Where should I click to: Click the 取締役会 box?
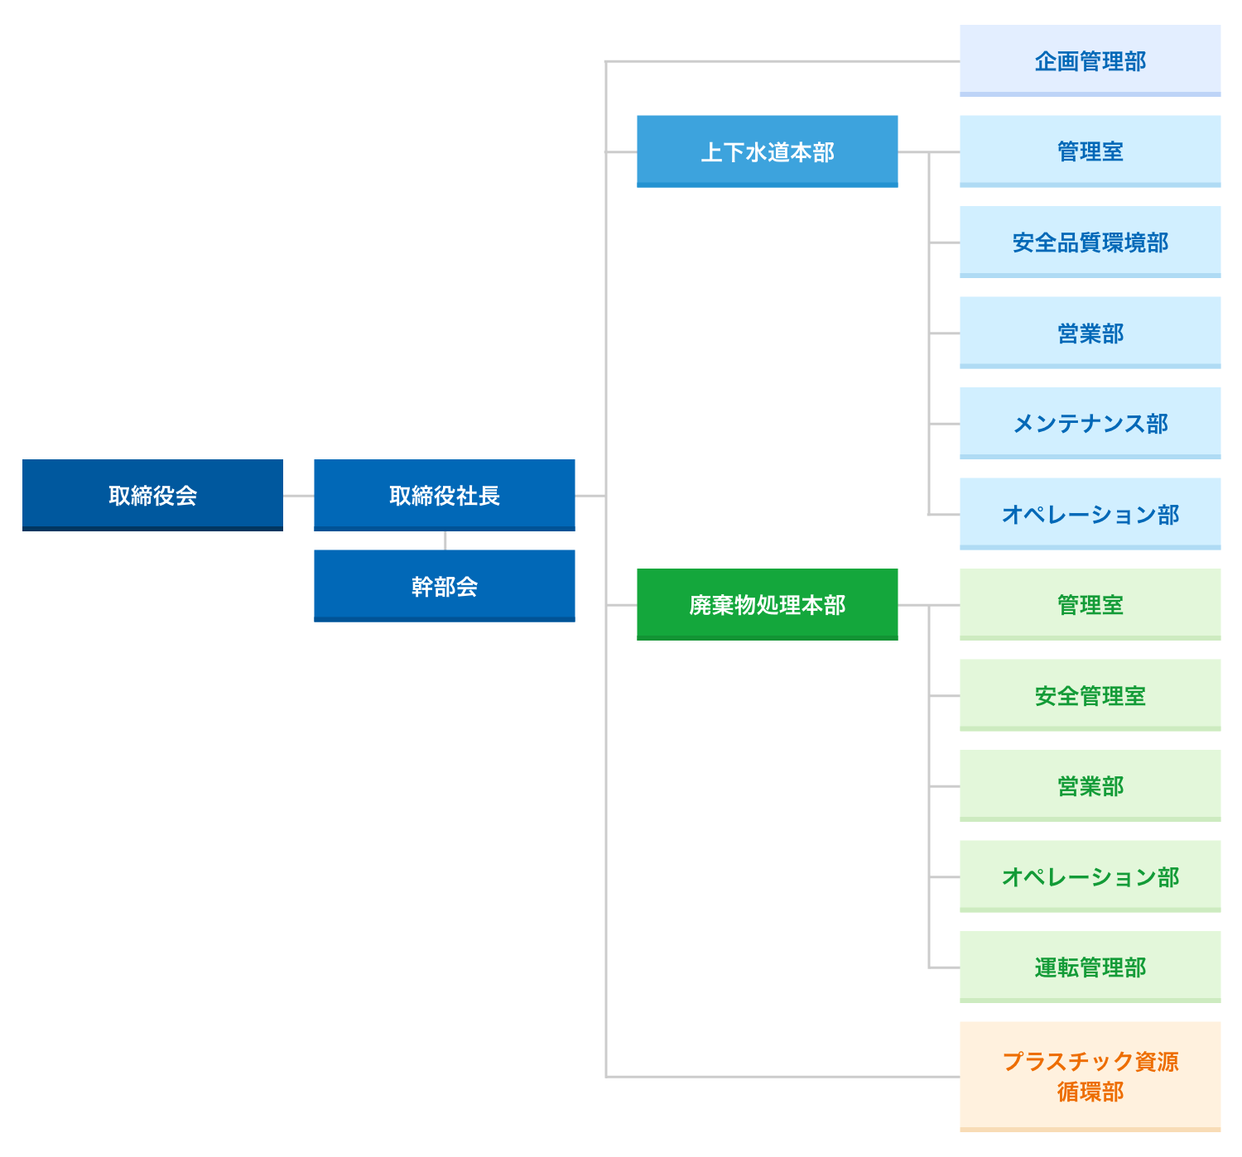152,495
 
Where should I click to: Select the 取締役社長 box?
444,495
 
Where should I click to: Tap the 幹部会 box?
444,586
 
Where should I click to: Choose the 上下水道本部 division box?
767,151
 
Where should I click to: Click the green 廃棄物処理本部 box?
767,604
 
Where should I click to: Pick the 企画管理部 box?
1090,60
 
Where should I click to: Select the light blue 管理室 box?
1090,151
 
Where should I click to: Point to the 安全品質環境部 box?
1090,242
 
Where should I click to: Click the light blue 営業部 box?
1090,333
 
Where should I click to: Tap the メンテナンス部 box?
1090,423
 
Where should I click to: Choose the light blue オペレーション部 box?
1090,514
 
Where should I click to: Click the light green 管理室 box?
1090,604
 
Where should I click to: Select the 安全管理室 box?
1090,695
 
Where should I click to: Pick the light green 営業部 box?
1090,785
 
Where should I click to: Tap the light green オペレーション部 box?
1090,876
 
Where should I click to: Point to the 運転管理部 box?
1090,967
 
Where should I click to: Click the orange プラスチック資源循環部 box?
1090,1076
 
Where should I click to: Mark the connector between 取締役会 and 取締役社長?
298,496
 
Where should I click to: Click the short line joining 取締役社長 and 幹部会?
445,540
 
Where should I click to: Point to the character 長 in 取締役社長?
489,496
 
